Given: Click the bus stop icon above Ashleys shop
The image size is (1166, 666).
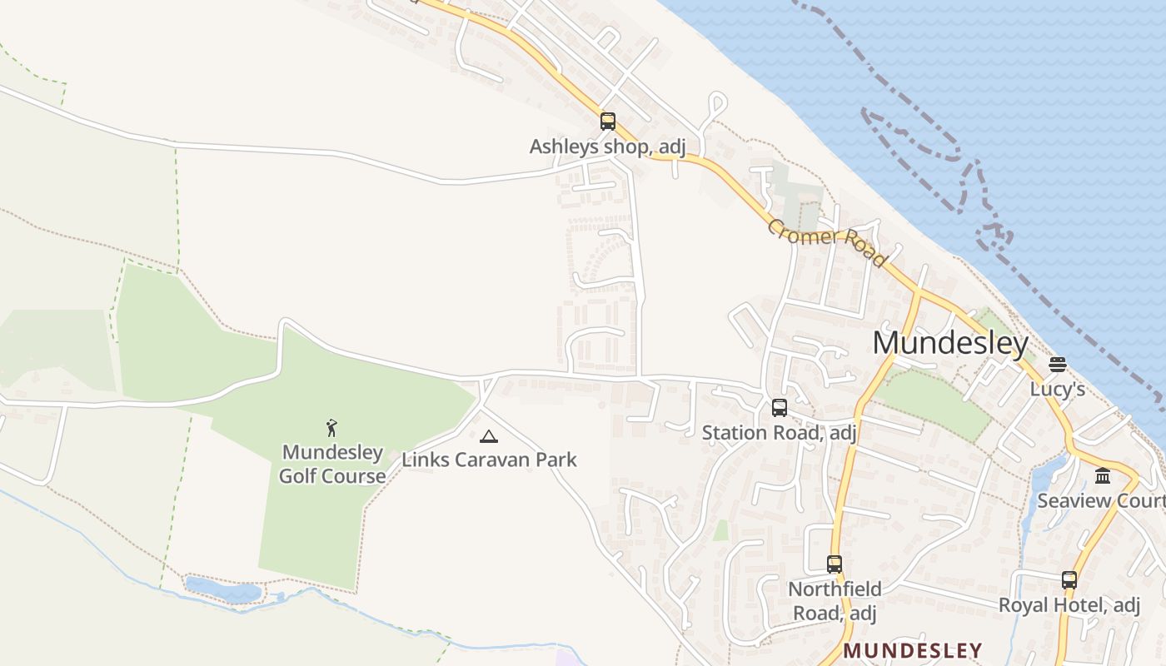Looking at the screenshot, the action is (608, 122).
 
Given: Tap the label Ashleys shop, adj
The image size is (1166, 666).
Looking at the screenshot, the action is (607, 147).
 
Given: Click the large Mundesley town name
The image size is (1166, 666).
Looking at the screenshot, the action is (950, 343).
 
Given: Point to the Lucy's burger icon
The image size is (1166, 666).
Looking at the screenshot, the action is (1058, 365).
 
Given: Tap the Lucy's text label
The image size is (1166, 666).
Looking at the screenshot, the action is (1058, 389).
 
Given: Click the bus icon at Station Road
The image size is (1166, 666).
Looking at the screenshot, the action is (780, 408).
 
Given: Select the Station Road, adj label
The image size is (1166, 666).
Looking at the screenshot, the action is (779, 433).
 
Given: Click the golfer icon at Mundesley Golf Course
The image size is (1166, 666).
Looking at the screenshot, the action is (332, 428).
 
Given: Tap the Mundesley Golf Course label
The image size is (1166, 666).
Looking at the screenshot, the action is (332, 465).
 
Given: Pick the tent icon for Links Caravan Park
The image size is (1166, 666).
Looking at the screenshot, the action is (489, 435).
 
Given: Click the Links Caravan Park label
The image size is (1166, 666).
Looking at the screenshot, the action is (489, 460).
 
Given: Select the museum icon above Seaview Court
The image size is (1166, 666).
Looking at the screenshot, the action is (1104, 476).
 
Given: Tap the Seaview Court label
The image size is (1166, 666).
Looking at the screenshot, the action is (1100, 501).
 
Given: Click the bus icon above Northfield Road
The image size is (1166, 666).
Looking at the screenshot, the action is (835, 564).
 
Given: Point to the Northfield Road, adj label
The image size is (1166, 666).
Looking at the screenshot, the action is (834, 601).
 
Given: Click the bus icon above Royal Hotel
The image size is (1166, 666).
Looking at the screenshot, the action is (1069, 580).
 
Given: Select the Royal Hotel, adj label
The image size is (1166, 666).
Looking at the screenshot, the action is (1069, 605).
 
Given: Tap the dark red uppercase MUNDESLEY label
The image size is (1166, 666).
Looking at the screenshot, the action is (913, 650).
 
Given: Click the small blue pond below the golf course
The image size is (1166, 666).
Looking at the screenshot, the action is (222, 590).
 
